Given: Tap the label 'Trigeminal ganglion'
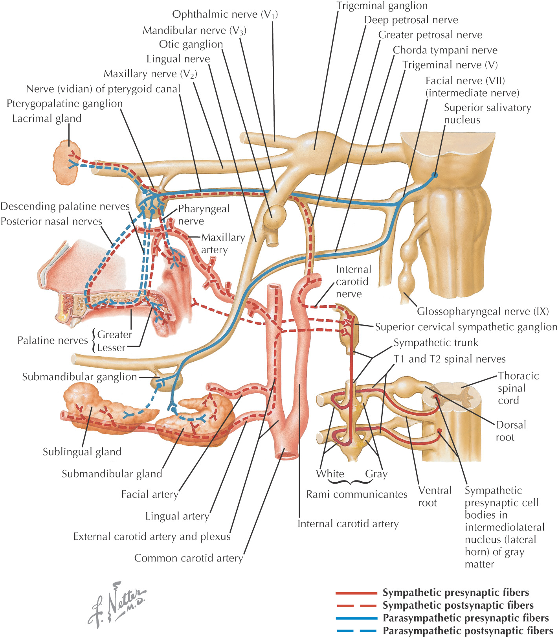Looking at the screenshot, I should pyautogui.click(x=382, y=6).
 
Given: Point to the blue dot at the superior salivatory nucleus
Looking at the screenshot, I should pyautogui.click(x=434, y=175).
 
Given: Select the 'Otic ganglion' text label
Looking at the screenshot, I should pyautogui.click(x=191, y=44).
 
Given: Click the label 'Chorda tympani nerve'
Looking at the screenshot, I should pyautogui.click(x=445, y=50).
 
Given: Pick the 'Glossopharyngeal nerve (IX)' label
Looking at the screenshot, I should pyautogui.click(x=483, y=311).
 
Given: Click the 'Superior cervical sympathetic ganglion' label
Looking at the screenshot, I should pyautogui.click(x=466, y=327).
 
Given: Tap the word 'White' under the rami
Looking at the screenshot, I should pyautogui.click(x=330, y=474).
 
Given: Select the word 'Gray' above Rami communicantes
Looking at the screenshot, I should pyautogui.click(x=376, y=474).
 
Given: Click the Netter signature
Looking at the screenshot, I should pyautogui.click(x=116, y=604).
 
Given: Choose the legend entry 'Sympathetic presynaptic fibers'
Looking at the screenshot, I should pyautogui.click(x=455, y=593).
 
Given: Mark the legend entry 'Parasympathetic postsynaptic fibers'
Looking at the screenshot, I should pyautogui.click(x=468, y=631).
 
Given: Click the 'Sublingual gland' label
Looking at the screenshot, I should pyautogui.click(x=82, y=452).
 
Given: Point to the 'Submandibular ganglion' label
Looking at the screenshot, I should pyautogui.click(x=79, y=377).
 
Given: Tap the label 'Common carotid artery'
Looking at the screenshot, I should pyautogui.click(x=189, y=558).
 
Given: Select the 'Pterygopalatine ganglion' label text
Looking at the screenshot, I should pyautogui.click(x=65, y=104).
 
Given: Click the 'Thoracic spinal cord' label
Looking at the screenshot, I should pyautogui.click(x=518, y=388).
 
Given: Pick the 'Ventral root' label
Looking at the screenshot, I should pyautogui.click(x=435, y=497).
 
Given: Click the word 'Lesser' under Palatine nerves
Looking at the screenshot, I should pyautogui.click(x=111, y=348).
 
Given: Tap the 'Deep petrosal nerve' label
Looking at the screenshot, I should pyautogui.click(x=411, y=20).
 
